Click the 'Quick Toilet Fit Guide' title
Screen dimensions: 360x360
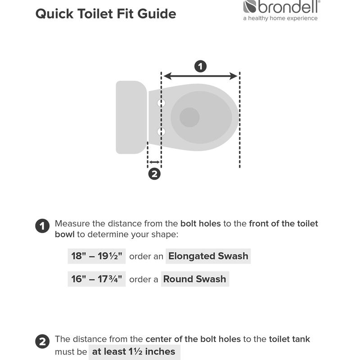pyautogui.click(x=105, y=13)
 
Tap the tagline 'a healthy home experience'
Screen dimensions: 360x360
pyautogui.click(x=280, y=18)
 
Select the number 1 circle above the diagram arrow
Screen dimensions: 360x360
pyautogui.click(x=200, y=67)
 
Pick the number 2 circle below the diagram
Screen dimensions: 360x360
pyautogui.click(x=154, y=174)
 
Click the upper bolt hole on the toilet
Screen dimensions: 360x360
pyautogui.click(x=161, y=103)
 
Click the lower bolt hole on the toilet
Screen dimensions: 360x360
pyautogui.click(x=161, y=131)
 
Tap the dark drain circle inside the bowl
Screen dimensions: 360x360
pyautogui.click(x=189, y=117)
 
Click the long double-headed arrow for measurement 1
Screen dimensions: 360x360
pyautogui.click(x=200, y=76)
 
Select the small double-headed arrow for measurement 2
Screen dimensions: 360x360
pyautogui.click(x=154, y=162)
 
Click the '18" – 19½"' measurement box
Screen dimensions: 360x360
pyautogui.click(x=97, y=256)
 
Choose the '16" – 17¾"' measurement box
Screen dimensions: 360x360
pyautogui.click(x=97, y=279)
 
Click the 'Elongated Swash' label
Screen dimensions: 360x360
pyautogui.click(x=208, y=256)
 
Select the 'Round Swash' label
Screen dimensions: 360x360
pyautogui.click(x=194, y=279)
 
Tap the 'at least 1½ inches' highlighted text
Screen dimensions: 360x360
pyautogui.click(x=134, y=351)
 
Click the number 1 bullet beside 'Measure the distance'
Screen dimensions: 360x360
pyautogui.click(x=42, y=226)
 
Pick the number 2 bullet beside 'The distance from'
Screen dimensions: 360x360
pyautogui.click(x=42, y=342)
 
